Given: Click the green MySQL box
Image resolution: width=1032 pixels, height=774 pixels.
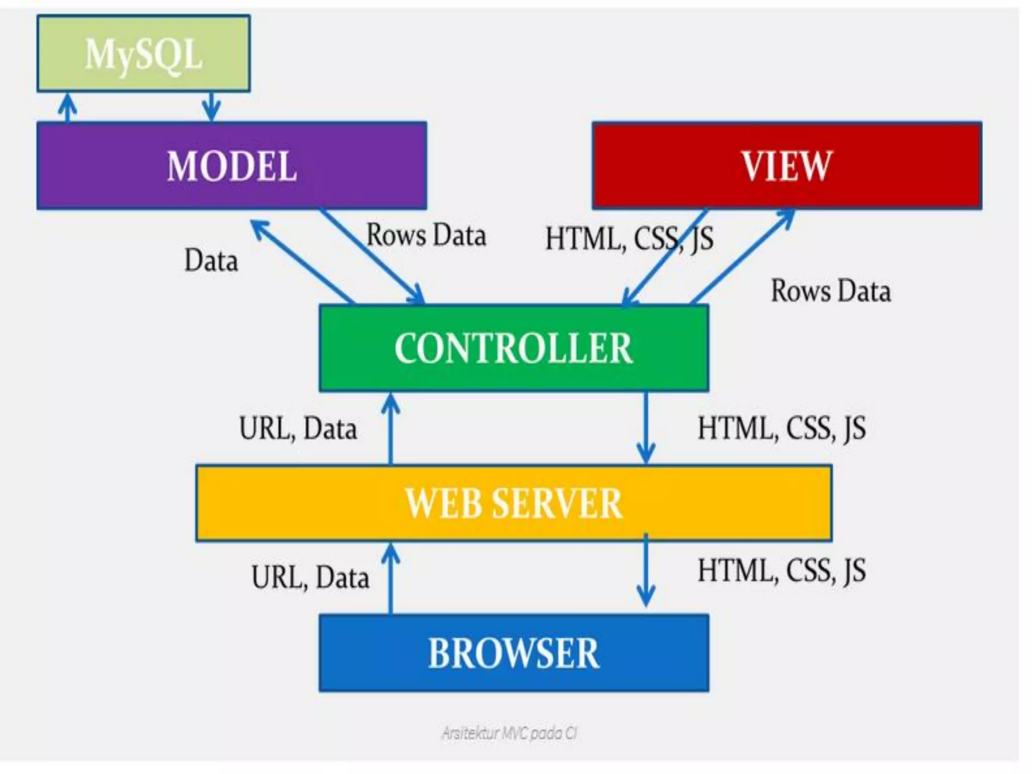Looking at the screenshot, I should (144, 53).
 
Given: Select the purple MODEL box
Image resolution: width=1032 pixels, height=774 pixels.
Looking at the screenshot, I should (232, 166).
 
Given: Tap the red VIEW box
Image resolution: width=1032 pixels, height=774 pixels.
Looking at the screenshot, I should (787, 166).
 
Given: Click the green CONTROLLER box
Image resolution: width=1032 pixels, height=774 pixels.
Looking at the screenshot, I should (513, 348).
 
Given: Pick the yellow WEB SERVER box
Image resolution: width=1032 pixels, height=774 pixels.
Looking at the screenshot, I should (513, 503).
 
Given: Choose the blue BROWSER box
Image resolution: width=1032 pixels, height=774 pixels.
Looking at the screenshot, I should (513, 653).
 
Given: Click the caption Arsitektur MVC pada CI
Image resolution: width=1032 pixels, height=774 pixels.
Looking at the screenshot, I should (509, 733).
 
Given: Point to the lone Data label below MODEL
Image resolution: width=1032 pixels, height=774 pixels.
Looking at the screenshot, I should (211, 261).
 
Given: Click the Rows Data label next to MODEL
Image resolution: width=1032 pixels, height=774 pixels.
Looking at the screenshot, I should (426, 235).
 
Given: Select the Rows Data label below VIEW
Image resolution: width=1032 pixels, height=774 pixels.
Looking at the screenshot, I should (830, 291).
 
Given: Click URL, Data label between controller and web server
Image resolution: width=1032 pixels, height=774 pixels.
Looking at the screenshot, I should (298, 429).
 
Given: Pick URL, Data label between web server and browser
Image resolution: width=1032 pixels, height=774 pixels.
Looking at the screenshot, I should (310, 577).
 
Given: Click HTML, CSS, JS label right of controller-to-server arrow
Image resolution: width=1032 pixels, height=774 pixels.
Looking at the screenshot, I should (781, 429).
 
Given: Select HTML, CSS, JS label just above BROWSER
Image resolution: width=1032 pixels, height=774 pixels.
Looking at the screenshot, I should (781, 571).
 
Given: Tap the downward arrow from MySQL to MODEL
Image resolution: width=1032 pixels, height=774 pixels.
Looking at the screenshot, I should (211, 107).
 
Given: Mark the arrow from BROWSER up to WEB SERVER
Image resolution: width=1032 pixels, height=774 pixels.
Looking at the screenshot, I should (391, 579).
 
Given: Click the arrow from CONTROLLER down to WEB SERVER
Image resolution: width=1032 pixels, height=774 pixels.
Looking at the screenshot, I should (646, 428).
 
